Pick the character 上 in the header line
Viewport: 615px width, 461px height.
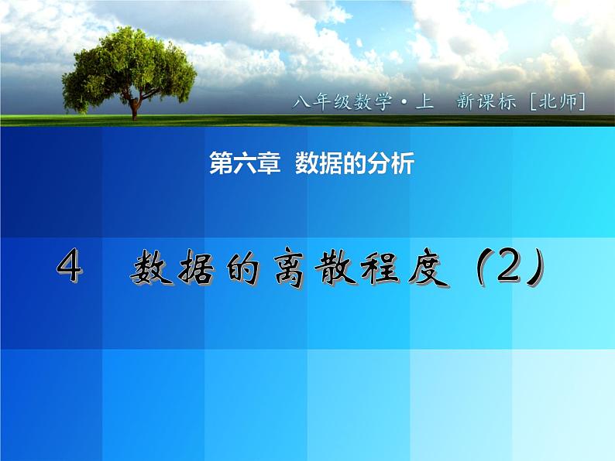425,101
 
